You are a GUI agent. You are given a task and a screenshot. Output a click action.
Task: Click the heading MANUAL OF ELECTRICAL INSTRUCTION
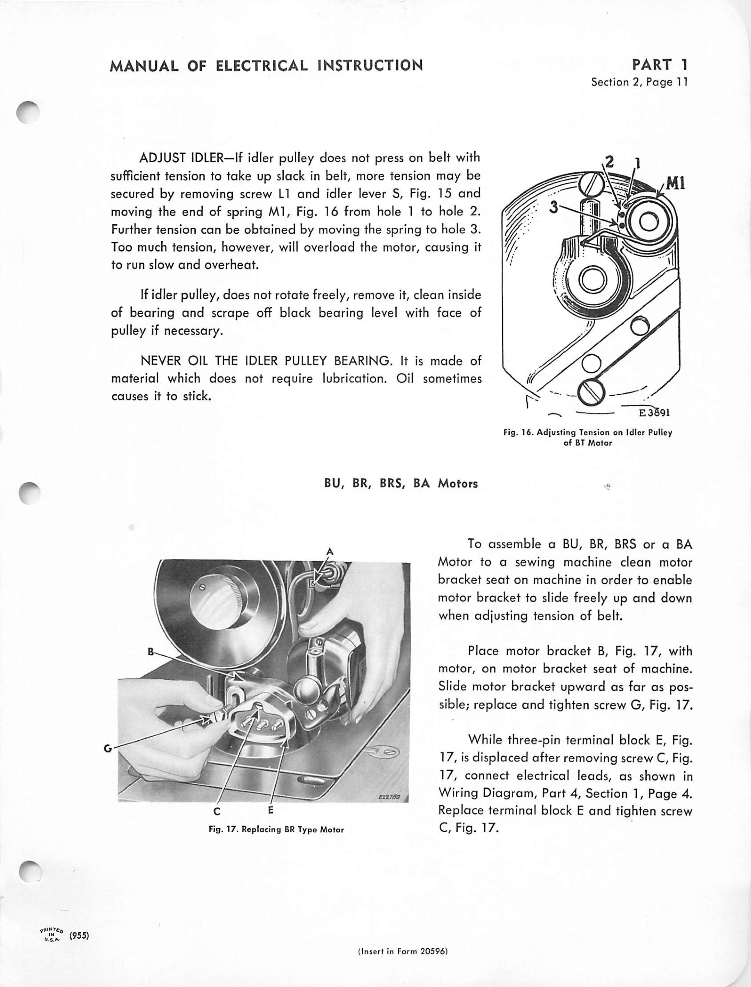pos(266,66)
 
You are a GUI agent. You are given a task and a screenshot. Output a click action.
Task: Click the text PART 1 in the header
pos(660,65)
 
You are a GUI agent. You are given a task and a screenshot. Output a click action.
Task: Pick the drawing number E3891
pos(654,412)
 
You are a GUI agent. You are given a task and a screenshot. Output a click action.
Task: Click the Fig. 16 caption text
pos(588,438)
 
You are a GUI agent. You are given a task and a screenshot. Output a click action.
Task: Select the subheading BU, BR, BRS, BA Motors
pos(401,484)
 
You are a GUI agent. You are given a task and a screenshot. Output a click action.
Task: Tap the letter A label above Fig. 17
pos(330,551)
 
